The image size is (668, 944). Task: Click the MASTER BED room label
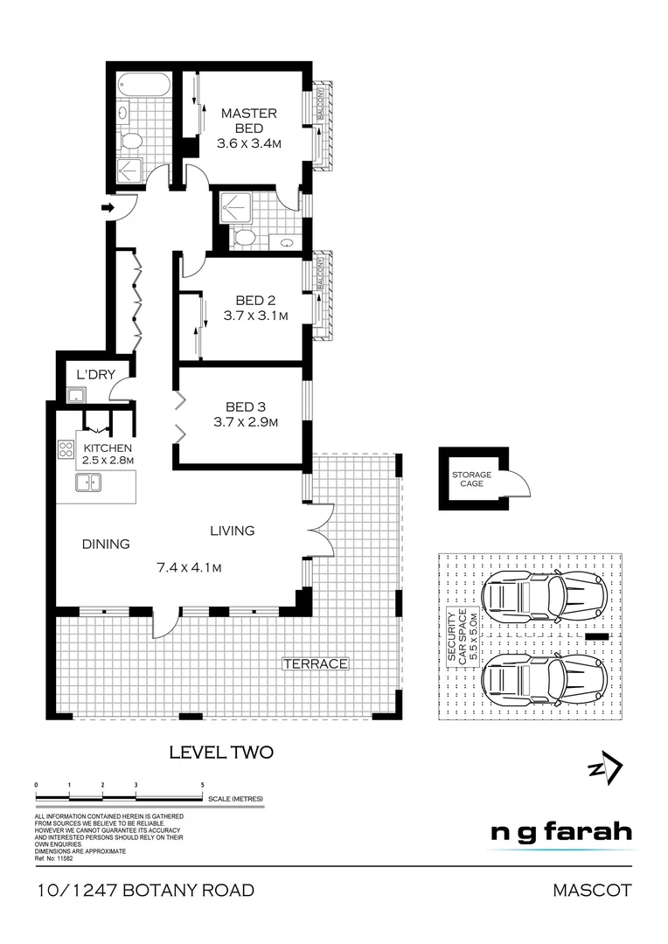248,121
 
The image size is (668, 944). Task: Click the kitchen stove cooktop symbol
66,450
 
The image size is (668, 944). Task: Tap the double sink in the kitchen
88,482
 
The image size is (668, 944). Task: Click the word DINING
106,544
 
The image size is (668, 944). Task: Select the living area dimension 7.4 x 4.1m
188,568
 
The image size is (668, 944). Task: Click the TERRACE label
315,664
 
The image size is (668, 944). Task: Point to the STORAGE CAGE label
471,479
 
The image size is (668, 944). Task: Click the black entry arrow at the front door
108,207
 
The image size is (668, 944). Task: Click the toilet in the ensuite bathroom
244,238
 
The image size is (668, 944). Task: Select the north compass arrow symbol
605,768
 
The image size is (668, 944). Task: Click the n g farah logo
560,831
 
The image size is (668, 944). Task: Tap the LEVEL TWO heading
221,752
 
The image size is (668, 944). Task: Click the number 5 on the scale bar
203,786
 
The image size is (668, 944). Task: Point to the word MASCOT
592,891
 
